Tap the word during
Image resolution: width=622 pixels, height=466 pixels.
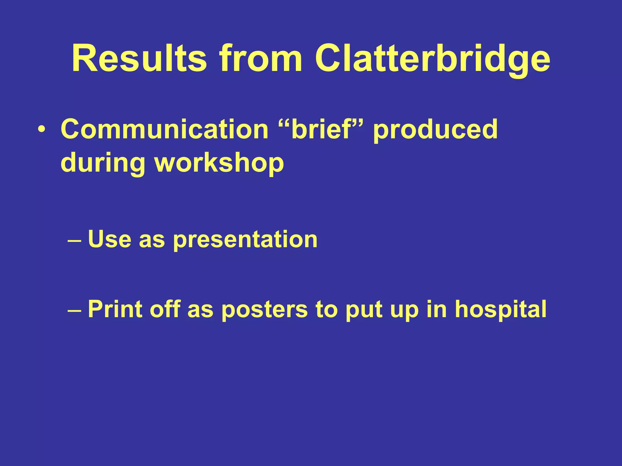click(103, 163)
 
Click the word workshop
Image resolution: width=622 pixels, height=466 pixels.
click(219, 163)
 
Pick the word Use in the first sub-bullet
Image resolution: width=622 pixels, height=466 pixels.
click(110, 239)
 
